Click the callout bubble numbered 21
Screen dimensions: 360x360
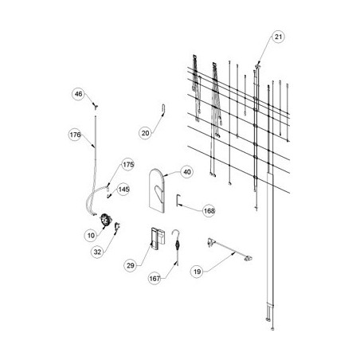(x=278, y=37)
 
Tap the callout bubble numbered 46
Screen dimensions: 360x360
(x=78, y=94)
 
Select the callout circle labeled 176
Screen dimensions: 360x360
(x=75, y=135)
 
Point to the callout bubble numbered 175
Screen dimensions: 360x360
(x=128, y=165)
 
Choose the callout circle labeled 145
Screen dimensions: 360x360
(x=123, y=190)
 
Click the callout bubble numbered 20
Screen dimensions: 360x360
(x=145, y=133)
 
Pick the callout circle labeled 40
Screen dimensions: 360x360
(x=187, y=172)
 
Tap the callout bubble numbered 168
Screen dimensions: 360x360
(x=209, y=211)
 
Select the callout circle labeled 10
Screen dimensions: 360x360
(x=91, y=235)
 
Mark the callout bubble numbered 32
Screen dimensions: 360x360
(x=97, y=252)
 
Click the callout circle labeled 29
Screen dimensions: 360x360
(x=131, y=265)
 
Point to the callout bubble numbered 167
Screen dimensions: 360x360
(x=155, y=279)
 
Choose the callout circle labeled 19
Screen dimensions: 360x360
(x=197, y=272)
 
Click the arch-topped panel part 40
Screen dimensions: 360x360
(x=156, y=191)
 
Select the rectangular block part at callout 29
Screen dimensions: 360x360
(x=158, y=238)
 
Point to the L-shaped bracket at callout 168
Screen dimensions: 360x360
(x=177, y=200)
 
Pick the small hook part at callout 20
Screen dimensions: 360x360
(x=163, y=109)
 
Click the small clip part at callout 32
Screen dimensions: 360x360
(x=117, y=226)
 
